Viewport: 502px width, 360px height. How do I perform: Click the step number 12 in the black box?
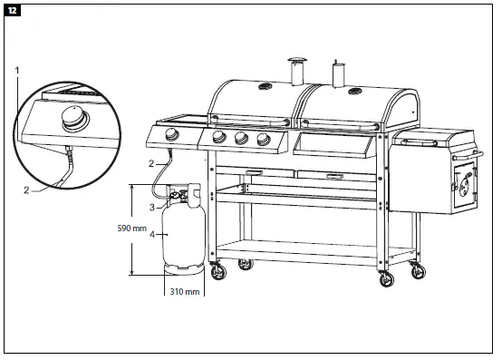(12, 11)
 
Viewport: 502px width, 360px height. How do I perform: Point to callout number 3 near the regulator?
(151, 208)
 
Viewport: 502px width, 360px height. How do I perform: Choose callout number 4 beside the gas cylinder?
(151, 235)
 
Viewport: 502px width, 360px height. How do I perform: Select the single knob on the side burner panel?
(172, 137)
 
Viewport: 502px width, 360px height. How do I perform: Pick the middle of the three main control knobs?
(240, 139)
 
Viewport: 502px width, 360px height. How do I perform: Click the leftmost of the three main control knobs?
(217, 139)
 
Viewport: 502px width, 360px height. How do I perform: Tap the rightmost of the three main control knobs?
(263, 139)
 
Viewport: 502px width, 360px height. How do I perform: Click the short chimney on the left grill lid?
(295, 70)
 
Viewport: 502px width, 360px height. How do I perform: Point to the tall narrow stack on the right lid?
(340, 73)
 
